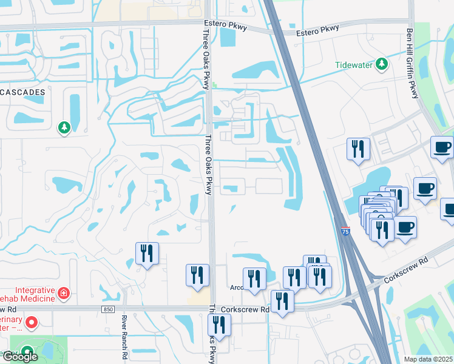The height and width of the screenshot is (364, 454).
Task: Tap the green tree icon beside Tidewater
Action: pyautogui.click(x=381, y=64)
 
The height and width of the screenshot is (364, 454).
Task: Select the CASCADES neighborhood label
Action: pyautogui.click(x=22, y=92)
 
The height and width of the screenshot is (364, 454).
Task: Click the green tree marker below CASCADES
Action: pyautogui.click(x=64, y=127)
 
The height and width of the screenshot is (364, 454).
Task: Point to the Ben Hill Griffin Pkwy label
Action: pyautogui.click(x=412, y=55)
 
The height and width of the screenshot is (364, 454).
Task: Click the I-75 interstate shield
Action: pyautogui.click(x=345, y=232)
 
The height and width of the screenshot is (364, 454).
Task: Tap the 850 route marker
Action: pyautogui.click(x=107, y=309)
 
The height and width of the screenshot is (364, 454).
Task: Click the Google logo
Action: pyautogui.click(x=19, y=356)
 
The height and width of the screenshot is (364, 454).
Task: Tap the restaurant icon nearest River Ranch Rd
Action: pyautogui.click(x=146, y=253)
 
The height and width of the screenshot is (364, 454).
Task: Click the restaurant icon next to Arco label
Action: pyautogui.click(x=254, y=278)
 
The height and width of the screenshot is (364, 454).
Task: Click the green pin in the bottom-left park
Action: pyautogui.click(x=27, y=351)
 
